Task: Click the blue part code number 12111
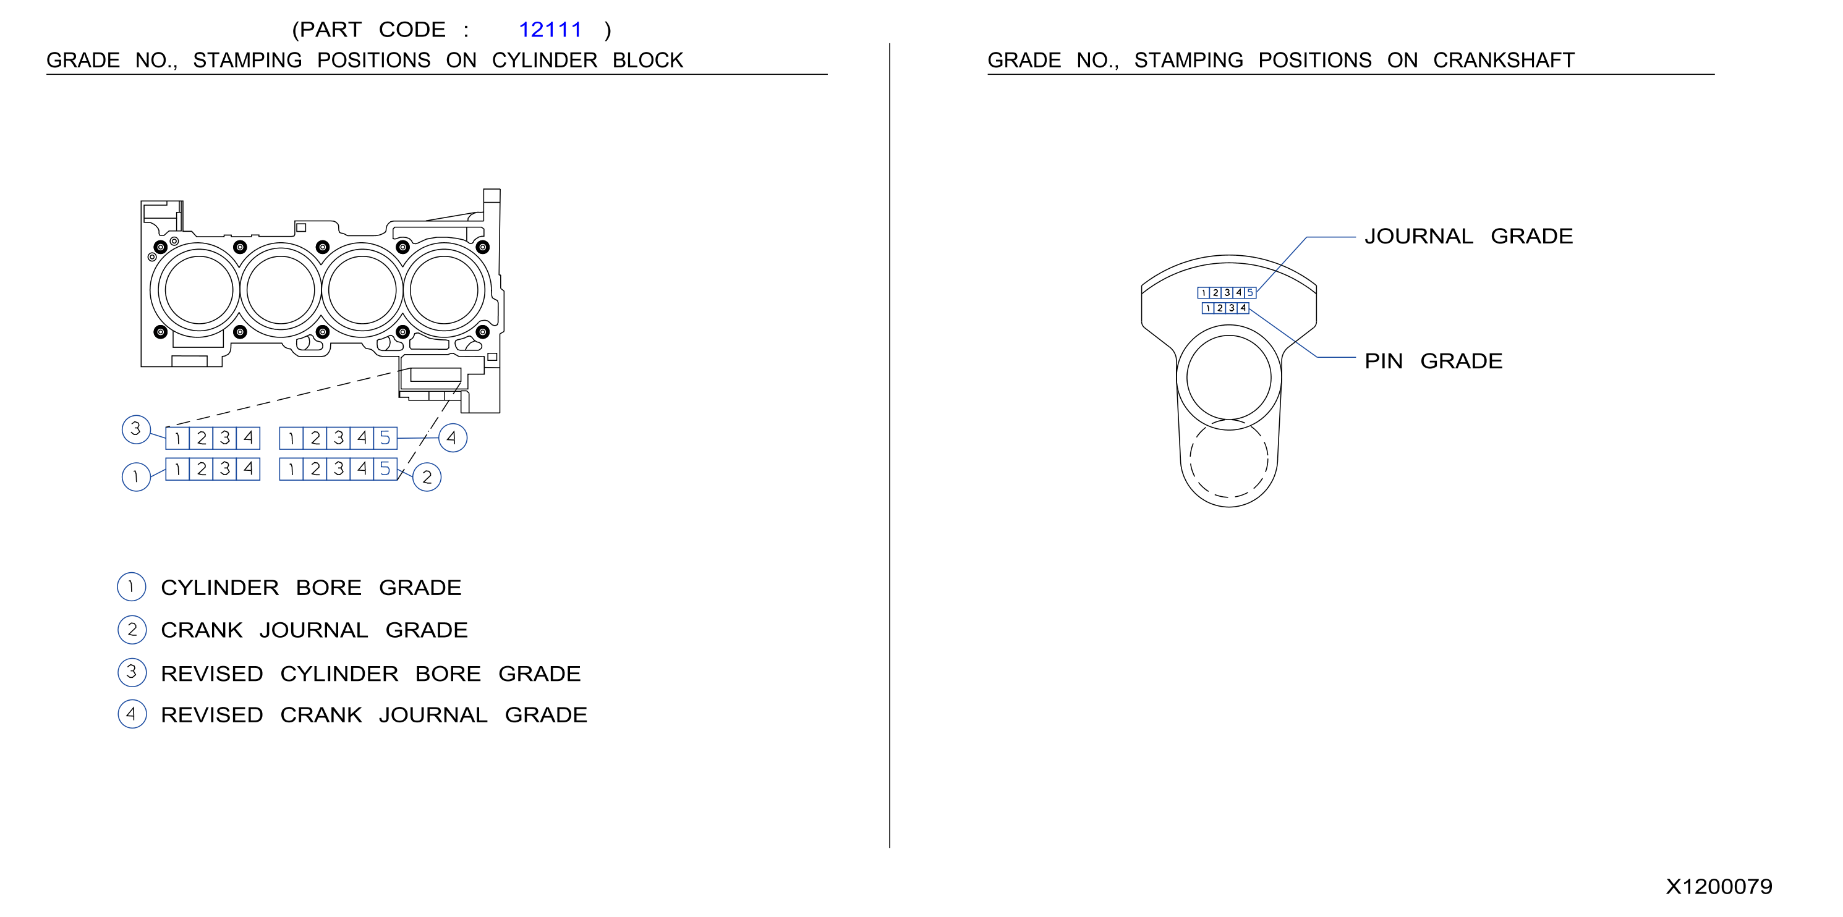point(550,30)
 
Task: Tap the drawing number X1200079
point(1719,887)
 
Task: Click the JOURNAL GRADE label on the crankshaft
point(1468,236)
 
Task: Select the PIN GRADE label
point(1433,361)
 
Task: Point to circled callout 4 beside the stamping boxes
point(452,437)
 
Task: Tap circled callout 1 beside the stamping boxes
point(136,477)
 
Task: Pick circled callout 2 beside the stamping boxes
point(427,477)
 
